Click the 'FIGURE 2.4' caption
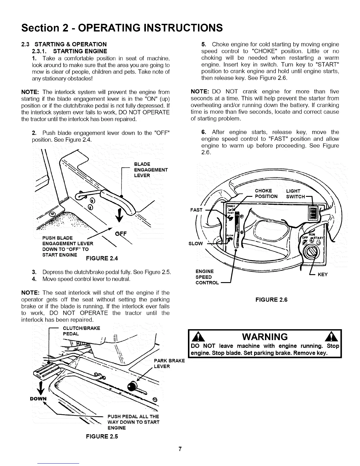click(101, 259)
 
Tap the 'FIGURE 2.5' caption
click(101, 436)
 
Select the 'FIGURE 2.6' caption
click(271, 300)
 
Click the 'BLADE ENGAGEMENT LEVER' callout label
click(151, 170)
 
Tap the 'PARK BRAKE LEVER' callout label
click(169, 363)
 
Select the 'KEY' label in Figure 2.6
click(323, 274)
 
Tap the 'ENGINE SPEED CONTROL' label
click(207, 277)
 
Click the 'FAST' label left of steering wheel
click(196, 210)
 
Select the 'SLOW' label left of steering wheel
click(195, 243)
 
